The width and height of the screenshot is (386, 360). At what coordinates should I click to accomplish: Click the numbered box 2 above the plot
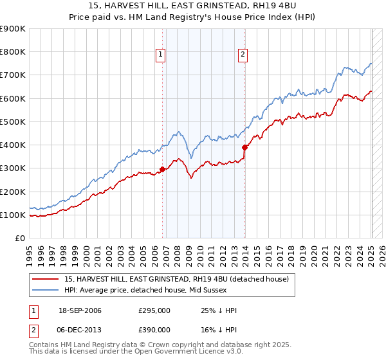point(243,55)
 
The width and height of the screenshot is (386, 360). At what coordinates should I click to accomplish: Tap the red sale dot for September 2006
point(163,170)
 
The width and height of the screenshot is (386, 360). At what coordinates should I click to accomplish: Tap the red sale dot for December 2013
point(245,147)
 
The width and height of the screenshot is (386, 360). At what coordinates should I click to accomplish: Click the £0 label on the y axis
point(20,239)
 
